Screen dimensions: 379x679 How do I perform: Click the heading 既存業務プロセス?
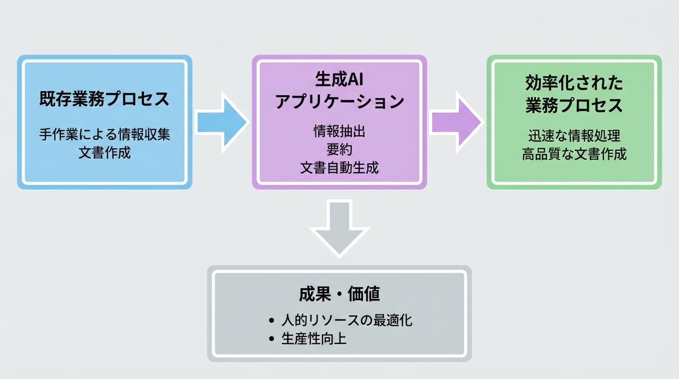pyautogui.click(x=105, y=99)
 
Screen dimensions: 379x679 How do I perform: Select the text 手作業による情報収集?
pyautogui.click(x=105, y=134)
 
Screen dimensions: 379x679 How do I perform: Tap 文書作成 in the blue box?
pyautogui.click(x=105, y=152)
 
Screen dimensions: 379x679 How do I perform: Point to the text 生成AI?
pyautogui.click(x=339, y=79)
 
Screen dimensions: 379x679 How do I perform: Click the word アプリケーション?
pyautogui.click(x=339, y=102)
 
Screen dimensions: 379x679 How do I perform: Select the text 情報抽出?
pyautogui.click(x=339, y=131)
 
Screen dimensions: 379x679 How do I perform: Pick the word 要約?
pyautogui.click(x=339, y=149)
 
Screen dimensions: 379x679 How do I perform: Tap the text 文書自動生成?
pyautogui.click(x=339, y=168)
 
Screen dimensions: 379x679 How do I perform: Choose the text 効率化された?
pyautogui.click(x=574, y=82)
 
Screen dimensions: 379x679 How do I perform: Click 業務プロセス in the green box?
pyautogui.click(x=574, y=105)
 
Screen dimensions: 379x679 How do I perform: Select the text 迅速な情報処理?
pyautogui.click(x=574, y=136)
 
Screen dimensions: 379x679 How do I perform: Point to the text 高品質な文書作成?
pyautogui.click(x=574, y=154)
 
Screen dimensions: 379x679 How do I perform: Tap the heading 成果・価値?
pyautogui.click(x=339, y=294)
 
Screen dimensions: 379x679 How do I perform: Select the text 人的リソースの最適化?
pyautogui.click(x=347, y=320)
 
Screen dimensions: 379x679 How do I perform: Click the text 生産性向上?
pyautogui.click(x=314, y=339)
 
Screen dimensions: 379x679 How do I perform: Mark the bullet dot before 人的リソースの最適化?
pyautogui.click(x=271, y=321)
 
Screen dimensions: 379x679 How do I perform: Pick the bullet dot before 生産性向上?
pyautogui.click(x=271, y=340)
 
